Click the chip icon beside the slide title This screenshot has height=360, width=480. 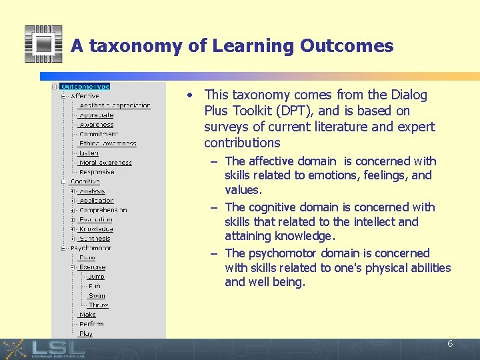click(43, 44)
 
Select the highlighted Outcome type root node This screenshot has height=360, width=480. click(85, 87)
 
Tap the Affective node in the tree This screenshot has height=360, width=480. click(85, 96)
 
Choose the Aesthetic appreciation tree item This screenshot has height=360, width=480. click(115, 105)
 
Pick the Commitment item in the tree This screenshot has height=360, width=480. click(99, 134)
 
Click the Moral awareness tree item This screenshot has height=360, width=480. click(105, 163)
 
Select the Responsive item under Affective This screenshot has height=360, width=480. click(97, 172)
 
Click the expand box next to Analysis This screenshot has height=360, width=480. click(73, 191)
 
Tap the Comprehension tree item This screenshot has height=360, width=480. click(103, 210)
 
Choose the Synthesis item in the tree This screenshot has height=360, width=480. click(95, 239)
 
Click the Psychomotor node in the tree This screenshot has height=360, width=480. click(91, 248)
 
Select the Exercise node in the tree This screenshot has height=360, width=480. click(92, 267)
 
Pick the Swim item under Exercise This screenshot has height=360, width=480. click(97, 296)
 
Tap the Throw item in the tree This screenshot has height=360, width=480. click(98, 305)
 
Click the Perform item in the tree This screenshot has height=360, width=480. click(91, 324)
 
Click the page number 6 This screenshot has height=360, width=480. click(450, 344)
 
